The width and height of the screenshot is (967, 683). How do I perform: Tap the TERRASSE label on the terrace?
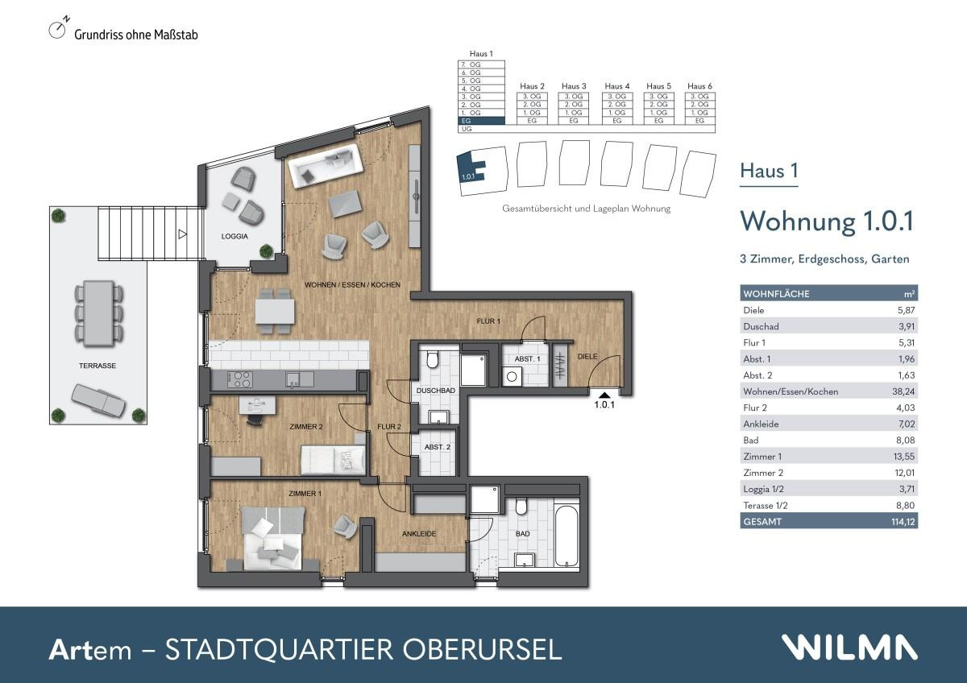(98, 365)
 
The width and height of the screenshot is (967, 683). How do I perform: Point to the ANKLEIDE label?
(419, 533)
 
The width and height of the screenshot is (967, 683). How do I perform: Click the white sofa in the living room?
(327, 167)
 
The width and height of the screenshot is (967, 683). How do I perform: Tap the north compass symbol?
(57, 30)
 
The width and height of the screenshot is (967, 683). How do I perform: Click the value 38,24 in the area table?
(904, 391)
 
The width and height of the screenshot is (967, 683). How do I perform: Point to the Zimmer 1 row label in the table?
(761, 457)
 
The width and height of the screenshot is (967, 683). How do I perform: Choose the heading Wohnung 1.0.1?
(826, 221)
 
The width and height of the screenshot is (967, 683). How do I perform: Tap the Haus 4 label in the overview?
(616, 86)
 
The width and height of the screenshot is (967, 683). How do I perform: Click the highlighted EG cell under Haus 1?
(481, 121)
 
